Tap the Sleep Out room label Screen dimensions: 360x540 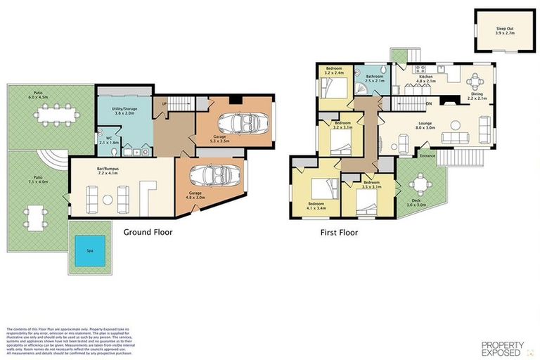tap(505, 30)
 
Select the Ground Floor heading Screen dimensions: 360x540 tap(148, 231)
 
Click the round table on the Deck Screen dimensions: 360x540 tap(420, 184)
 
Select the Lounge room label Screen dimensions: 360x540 tap(423, 125)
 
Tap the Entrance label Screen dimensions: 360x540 tap(428, 156)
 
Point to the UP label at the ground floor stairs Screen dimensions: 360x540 tap(165, 105)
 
